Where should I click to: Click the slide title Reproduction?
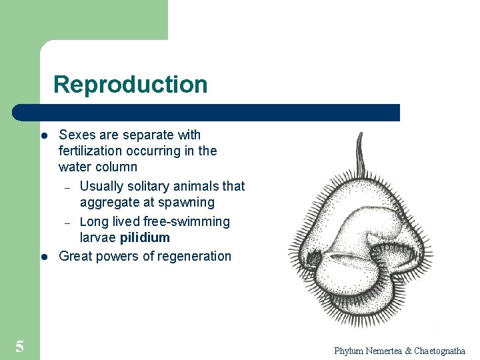[x=130, y=85]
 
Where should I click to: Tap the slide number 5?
[x=20, y=346]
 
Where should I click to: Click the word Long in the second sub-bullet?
[x=93, y=221]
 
